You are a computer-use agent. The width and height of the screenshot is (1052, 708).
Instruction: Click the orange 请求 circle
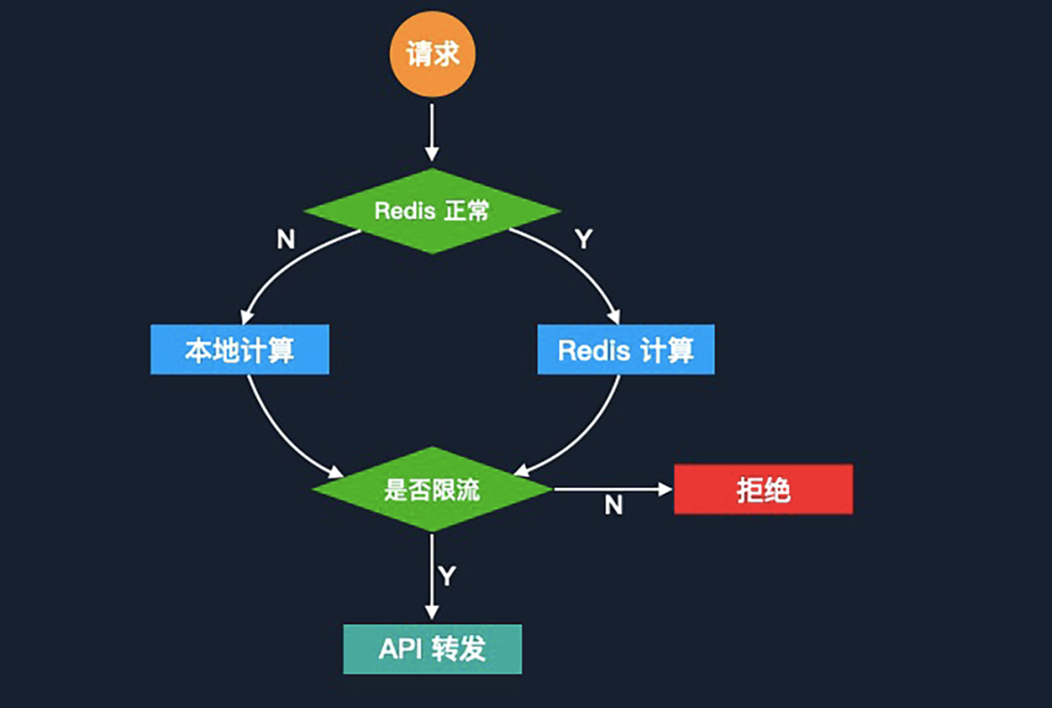pyautogui.click(x=432, y=54)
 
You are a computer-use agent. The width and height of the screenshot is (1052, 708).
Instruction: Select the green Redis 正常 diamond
pyautogui.click(x=432, y=210)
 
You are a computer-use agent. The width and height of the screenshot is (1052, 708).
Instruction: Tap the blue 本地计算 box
pyautogui.click(x=240, y=350)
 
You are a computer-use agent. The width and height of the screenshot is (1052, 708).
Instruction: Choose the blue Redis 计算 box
pyautogui.click(x=625, y=350)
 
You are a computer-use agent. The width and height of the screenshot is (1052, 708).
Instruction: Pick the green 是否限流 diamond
pyautogui.click(x=432, y=489)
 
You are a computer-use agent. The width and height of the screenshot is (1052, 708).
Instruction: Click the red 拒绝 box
pyautogui.click(x=763, y=489)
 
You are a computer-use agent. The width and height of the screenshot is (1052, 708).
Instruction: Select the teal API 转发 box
pyautogui.click(x=432, y=649)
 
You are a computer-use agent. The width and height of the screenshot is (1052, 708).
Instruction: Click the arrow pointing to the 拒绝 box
pyautogui.click(x=614, y=489)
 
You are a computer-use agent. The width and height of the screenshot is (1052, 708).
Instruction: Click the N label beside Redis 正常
pyautogui.click(x=285, y=240)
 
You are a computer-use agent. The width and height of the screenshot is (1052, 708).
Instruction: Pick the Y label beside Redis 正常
pyautogui.click(x=583, y=240)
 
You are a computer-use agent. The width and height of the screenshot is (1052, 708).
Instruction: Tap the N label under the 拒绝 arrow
pyautogui.click(x=614, y=505)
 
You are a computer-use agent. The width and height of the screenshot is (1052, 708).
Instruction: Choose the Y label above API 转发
pyautogui.click(x=447, y=577)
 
